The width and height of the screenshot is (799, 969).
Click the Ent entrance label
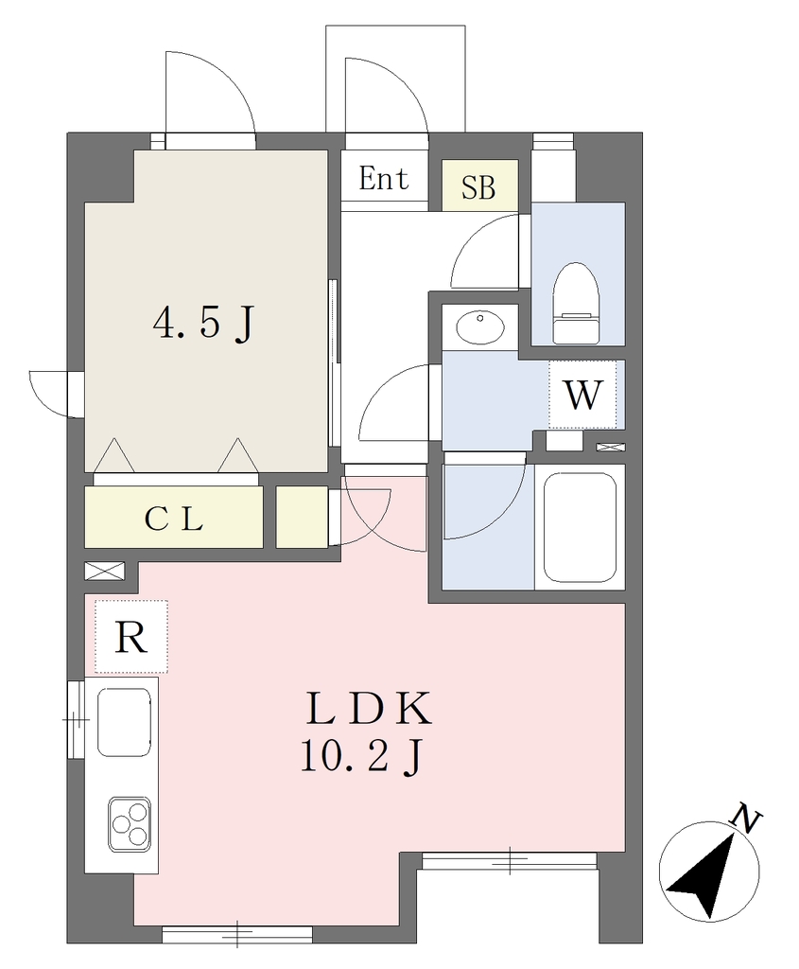point(384,179)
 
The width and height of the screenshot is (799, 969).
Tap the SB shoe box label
point(478,185)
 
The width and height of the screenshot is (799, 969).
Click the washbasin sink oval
point(480,326)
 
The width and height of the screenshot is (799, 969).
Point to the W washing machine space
point(582,395)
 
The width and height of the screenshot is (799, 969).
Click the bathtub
point(580,527)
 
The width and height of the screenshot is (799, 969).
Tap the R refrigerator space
point(131,637)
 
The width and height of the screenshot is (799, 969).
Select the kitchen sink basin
point(124,722)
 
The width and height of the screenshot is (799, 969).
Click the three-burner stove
point(130,824)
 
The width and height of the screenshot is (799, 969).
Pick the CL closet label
point(173,520)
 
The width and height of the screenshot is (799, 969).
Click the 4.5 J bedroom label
point(203,324)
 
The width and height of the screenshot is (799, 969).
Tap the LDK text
point(369,710)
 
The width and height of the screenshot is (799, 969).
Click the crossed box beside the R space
point(104,571)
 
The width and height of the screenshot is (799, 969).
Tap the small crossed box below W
point(610,447)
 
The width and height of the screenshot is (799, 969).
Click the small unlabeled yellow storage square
point(302,517)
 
